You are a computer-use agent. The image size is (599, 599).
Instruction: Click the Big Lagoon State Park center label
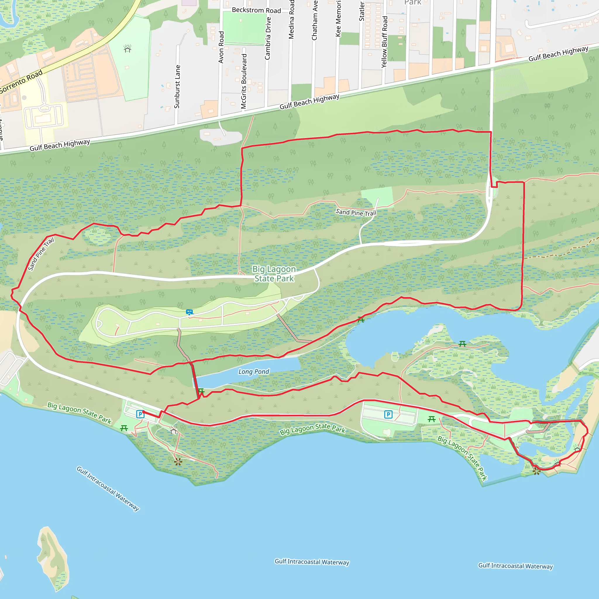pyautogui.click(x=274, y=274)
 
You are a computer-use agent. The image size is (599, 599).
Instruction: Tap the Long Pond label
pyautogui.click(x=254, y=371)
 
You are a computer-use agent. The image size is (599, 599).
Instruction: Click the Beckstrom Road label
pyautogui.click(x=257, y=10)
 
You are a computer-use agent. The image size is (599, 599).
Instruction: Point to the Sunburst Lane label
pyautogui.click(x=177, y=87)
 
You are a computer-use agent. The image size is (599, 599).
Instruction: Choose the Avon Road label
pyautogui.click(x=221, y=47)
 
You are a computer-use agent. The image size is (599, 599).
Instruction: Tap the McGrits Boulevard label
pyautogui.click(x=244, y=81)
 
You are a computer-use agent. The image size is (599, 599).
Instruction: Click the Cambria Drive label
pyautogui.click(x=268, y=38)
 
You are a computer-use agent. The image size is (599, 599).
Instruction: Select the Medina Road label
pyautogui.click(x=291, y=19)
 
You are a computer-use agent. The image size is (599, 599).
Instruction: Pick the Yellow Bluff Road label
pyautogui.click(x=384, y=42)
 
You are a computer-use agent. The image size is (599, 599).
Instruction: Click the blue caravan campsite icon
pyautogui.click(x=190, y=312)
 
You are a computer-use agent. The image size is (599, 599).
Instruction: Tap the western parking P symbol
pyautogui.click(x=140, y=414)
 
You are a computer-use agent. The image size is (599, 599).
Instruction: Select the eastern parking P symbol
pyautogui.click(x=388, y=414)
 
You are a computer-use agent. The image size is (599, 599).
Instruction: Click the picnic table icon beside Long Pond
pyautogui.click(x=201, y=392)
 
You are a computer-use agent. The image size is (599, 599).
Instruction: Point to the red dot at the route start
pyautogui.click(x=144, y=412)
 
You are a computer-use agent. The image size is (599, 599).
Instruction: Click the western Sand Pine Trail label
pyautogui.click(x=41, y=254)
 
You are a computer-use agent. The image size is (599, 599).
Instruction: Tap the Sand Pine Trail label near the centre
pyautogui.click(x=356, y=212)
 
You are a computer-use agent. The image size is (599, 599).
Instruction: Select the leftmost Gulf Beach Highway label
pyautogui.click(x=60, y=145)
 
